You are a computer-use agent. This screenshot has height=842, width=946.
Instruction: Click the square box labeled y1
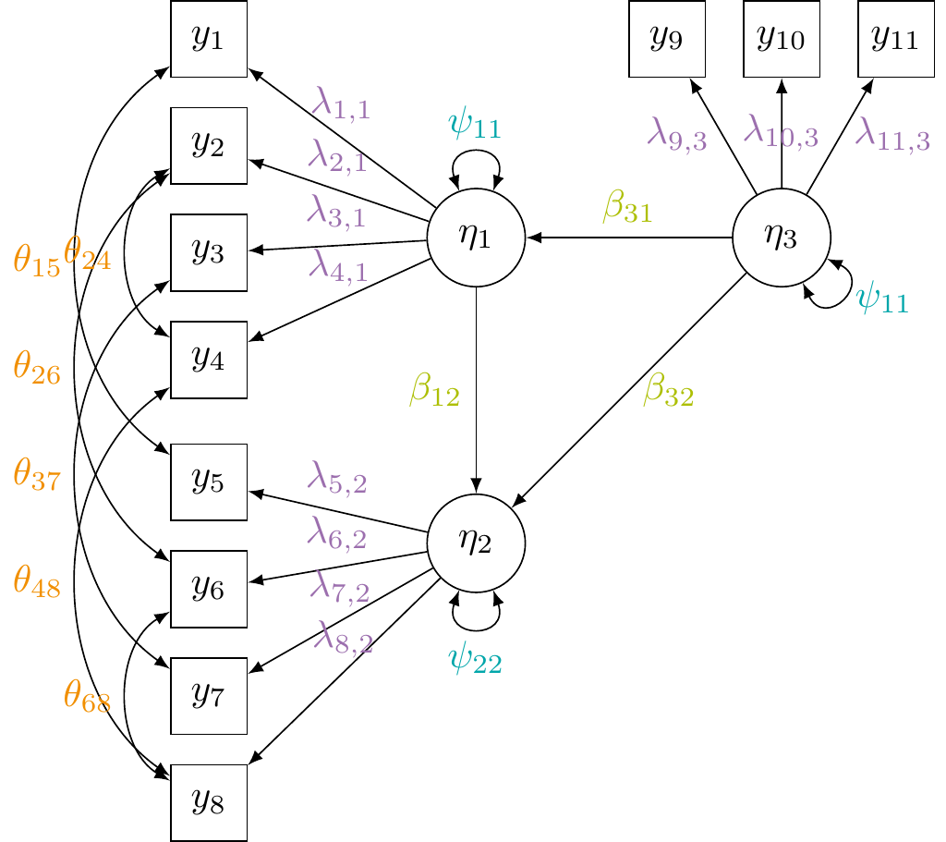coord(209,38)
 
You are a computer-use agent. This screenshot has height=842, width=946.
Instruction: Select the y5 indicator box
coord(209,482)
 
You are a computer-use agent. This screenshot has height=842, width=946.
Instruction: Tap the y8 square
coord(209,802)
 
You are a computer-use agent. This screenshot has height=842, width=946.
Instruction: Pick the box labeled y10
coord(782,38)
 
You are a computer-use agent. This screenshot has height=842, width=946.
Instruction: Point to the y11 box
coord(896,38)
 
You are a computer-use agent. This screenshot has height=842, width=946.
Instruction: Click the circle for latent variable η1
coord(476,238)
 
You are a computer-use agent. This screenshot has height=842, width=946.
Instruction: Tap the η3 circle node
coord(782,238)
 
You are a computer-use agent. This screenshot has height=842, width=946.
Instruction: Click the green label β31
coord(628,209)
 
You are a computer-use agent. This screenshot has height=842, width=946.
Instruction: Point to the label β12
coord(435,392)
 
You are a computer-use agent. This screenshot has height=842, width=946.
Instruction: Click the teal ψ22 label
coord(475,660)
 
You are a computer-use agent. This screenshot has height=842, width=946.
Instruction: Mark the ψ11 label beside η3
coord(882,300)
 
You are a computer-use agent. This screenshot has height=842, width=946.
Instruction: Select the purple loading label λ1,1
coord(341,104)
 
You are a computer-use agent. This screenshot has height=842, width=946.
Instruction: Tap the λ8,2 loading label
coord(344,638)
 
